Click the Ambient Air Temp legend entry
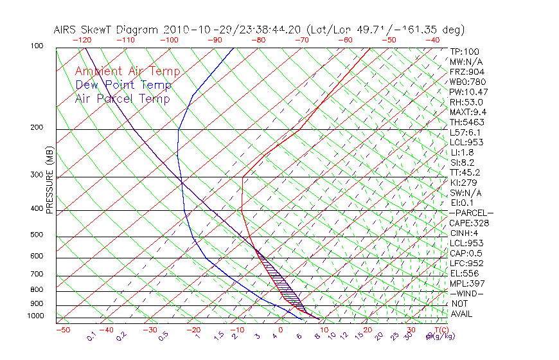click(x=127, y=71)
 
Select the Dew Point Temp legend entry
click(x=123, y=85)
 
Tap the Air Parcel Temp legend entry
click(x=122, y=98)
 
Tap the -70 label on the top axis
click(x=300, y=40)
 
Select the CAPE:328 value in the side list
click(x=469, y=223)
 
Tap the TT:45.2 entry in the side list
click(x=465, y=172)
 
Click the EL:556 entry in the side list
click(x=465, y=273)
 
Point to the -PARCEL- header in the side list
click(x=471, y=213)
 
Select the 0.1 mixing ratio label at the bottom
click(x=91, y=337)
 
